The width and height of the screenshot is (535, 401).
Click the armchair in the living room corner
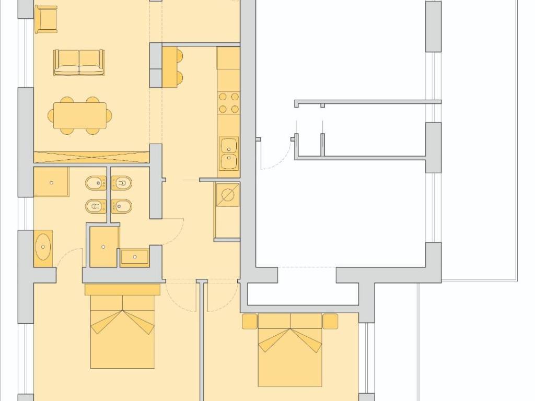click(x=46, y=19)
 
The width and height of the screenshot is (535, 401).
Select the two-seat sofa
click(x=79, y=62)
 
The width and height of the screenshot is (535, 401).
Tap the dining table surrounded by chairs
click(x=80, y=115)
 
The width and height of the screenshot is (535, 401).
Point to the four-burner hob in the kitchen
click(x=228, y=103)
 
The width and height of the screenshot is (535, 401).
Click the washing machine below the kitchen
click(x=227, y=195)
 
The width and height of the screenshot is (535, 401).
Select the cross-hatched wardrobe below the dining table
click(x=91, y=157)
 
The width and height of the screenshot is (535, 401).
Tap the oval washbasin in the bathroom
click(x=43, y=248)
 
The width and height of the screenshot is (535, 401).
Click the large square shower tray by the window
click(x=51, y=182)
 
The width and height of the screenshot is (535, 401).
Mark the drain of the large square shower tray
click(x=51, y=182)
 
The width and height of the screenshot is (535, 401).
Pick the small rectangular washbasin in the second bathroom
click(x=135, y=257)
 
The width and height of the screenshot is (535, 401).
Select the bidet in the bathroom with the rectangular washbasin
click(x=121, y=206)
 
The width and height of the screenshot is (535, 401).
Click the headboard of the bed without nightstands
click(x=122, y=290)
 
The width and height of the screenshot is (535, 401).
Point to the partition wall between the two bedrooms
click(x=202, y=339)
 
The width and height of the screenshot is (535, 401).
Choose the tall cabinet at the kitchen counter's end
click(x=228, y=58)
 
